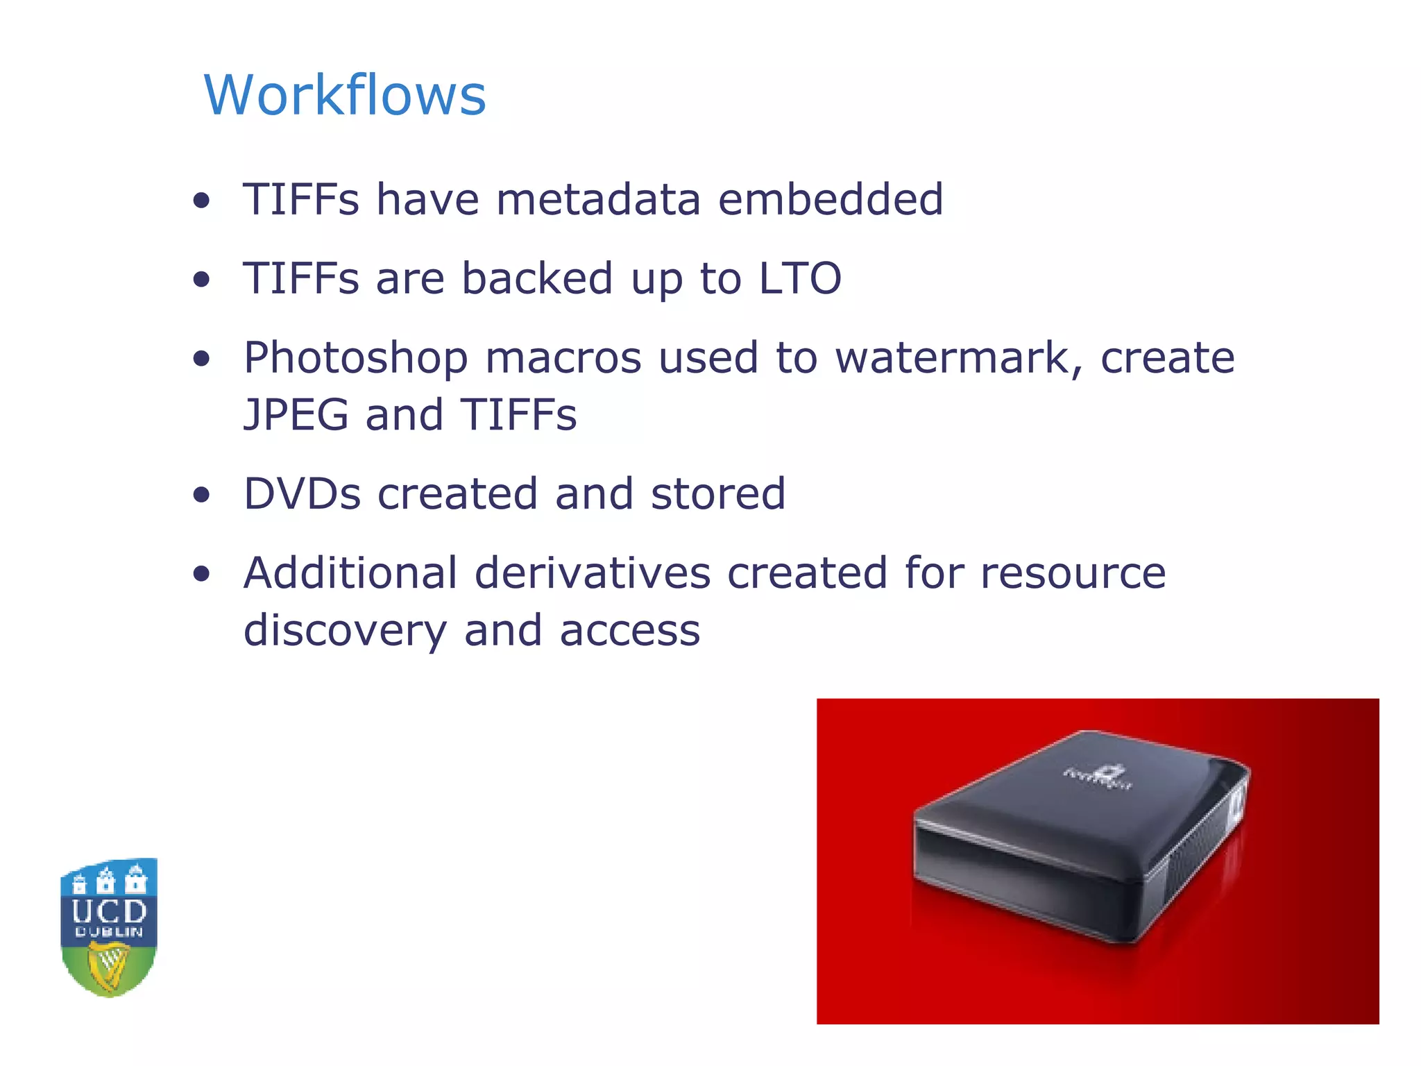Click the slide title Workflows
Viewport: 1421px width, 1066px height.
(x=345, y=95)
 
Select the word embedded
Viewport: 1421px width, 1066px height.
(x=830, y=199)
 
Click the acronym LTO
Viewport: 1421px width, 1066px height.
(x=799, y=278)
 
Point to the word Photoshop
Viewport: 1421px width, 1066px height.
(x=356, y=359)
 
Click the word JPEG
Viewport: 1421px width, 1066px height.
(x=296, y=415)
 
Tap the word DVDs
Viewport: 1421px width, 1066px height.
(x=303, y=494)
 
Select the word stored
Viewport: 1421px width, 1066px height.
(x=717, y=494)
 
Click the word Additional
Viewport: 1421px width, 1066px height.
(x=350, y=573)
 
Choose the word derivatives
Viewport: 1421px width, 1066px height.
(x=593, y=573)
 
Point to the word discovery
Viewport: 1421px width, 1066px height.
(x=345, y=632)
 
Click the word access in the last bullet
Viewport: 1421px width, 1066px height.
(x=629, y=632)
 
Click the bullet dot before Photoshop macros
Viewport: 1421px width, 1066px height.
(x=202, y=359)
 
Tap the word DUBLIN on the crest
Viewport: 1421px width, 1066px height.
(x=109, y=933)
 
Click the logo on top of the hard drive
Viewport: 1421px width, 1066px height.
(x=1098, y=778)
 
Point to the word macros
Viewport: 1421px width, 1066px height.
(x=563, y=359)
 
